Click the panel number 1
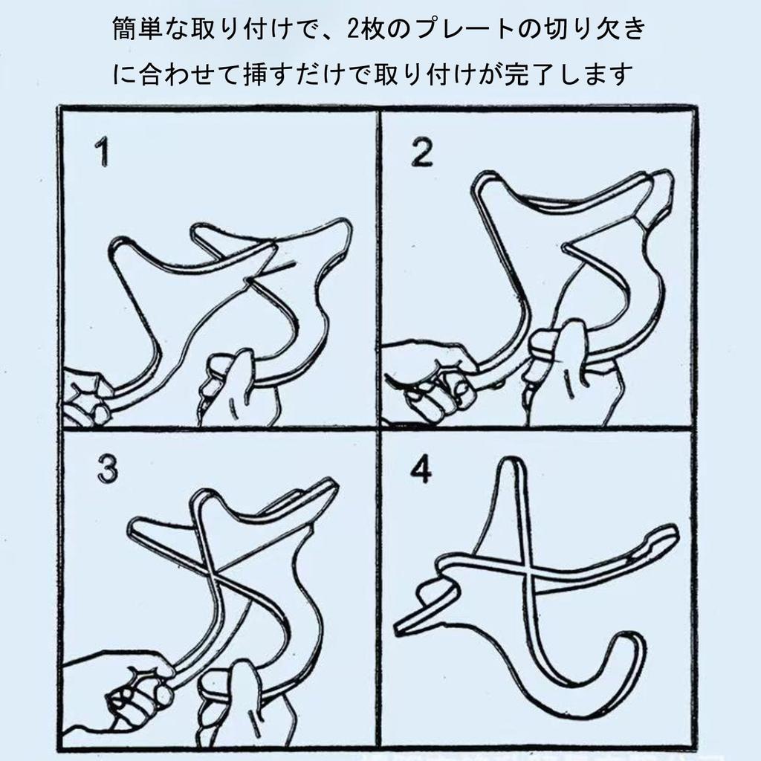tap(103, 152)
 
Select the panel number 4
tap(421, 469)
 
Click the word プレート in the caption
tap(464, 29)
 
